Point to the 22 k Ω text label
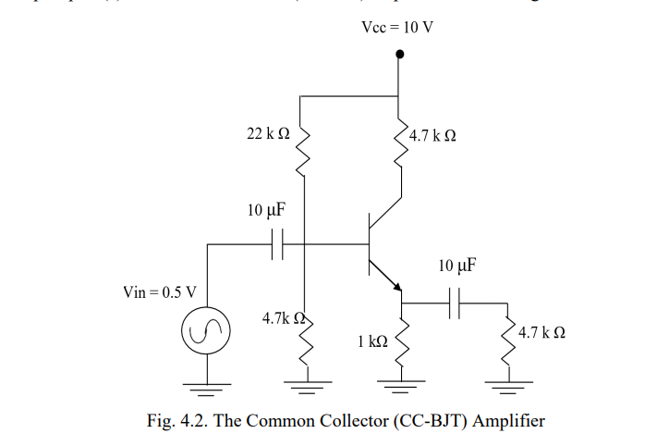(x=268, y=135)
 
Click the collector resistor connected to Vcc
(x=400, y=147)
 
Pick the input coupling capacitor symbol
(x=276, y=244)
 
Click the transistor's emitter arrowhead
(x=395, y=284)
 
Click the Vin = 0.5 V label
(x=159, y=292)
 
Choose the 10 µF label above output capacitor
(x=457, y=266)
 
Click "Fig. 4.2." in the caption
(x=176, y=421)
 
